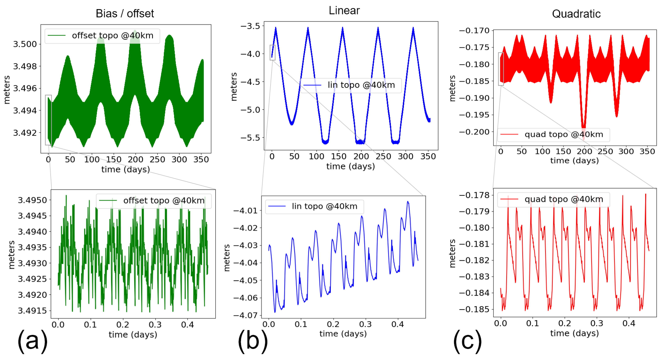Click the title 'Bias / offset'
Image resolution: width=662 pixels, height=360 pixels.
(x=125, y=13)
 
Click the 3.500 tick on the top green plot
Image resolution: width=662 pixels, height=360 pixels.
(x=25, y=44)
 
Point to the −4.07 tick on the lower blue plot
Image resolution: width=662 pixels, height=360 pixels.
(x=245, y=315)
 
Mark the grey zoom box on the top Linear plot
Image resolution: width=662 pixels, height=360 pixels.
(x=272, y=53)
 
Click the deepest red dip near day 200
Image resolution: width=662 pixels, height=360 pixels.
(x=584, y=134)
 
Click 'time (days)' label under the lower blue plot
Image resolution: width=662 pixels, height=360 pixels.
(x=343, y=334)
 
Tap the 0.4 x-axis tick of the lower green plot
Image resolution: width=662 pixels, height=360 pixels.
(x=187, y=325)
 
